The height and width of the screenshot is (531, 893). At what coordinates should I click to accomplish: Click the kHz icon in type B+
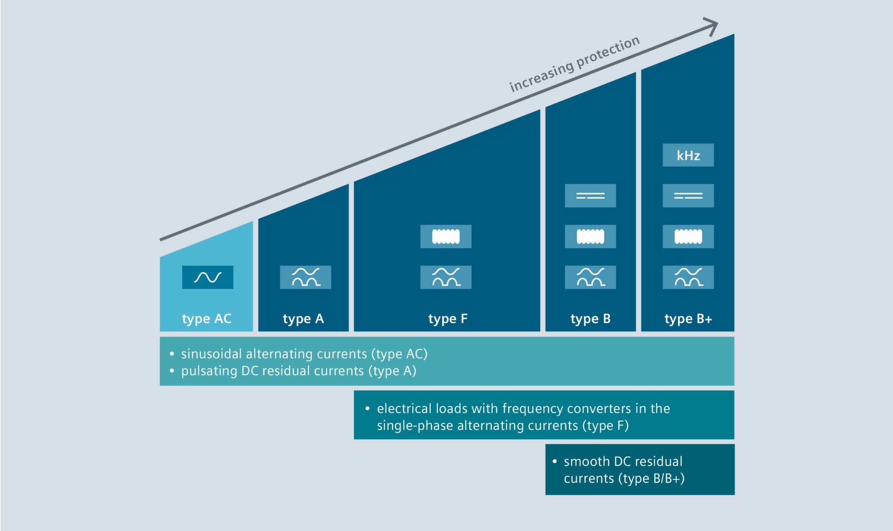[688, 155]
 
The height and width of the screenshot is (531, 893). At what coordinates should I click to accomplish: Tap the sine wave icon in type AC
[208, 277]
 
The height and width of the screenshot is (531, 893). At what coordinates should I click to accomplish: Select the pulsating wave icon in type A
[305, 277]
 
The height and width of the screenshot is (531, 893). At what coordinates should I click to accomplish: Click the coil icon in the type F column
[446, 237]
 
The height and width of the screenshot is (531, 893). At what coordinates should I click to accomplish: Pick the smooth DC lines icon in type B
[590, 196]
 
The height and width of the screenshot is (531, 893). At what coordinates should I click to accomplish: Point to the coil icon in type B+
[688, 237]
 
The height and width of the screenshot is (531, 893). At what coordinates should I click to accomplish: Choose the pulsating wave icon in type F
[446, 277]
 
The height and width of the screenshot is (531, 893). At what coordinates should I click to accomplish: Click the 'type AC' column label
[207, 318]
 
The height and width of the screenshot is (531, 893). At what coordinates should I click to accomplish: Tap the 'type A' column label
[303, 318]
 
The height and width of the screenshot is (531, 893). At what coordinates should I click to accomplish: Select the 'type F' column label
[448, 318]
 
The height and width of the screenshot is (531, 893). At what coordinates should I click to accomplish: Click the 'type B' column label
[590, 318]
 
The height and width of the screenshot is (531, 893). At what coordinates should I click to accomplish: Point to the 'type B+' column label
[688, 318]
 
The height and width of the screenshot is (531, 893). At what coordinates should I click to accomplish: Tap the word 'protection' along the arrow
[608, 53]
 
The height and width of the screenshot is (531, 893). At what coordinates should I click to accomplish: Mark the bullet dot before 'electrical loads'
[368, 409]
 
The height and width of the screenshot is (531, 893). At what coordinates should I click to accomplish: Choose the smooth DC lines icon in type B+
[688, 196]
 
